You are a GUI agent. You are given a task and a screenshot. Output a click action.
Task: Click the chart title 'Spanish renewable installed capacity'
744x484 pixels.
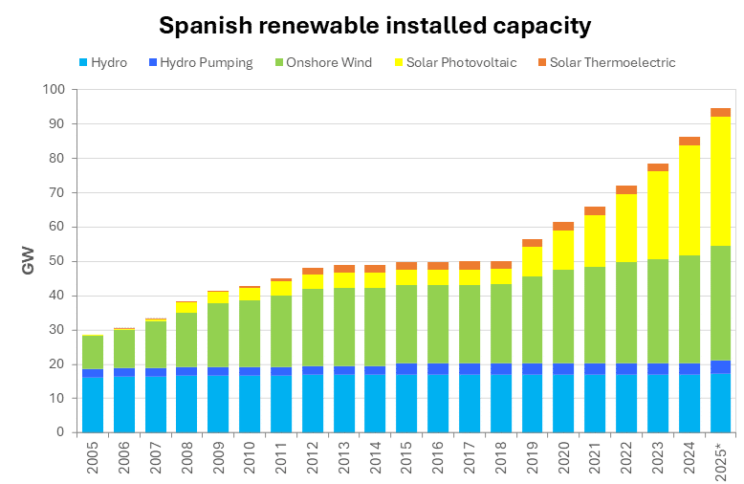[374, 25]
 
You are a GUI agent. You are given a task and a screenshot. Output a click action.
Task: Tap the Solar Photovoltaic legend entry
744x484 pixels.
[455, 63]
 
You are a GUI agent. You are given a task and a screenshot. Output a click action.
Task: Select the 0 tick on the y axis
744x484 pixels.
[59, 432]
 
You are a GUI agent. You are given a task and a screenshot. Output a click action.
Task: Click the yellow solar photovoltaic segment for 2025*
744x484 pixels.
[720, 181]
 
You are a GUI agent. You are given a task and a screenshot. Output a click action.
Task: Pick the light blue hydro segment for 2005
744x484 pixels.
[93, 406]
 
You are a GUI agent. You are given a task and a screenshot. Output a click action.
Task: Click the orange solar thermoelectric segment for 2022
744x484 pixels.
[626, 189]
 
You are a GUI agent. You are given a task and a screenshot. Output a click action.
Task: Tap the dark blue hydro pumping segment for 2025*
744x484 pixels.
[720, 367]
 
